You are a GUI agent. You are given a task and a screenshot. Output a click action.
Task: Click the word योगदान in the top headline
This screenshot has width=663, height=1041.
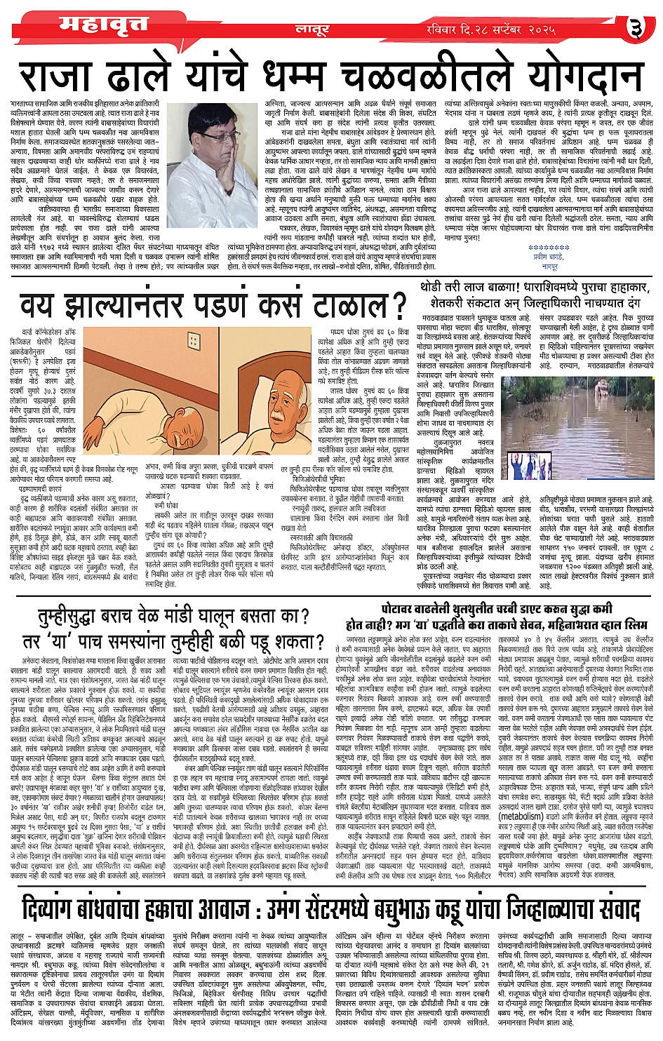point(564,73)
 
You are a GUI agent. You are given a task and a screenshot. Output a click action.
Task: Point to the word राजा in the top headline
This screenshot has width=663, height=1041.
point(55,73)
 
